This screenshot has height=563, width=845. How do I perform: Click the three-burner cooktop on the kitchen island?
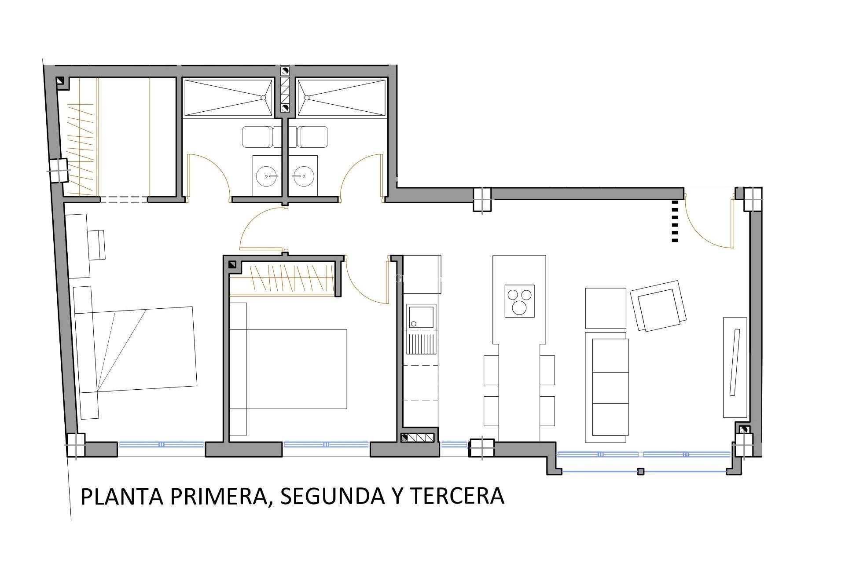click(520, 301)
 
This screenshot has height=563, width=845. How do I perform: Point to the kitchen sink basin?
click(421, 317)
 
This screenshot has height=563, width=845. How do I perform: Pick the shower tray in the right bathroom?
click(342, 98)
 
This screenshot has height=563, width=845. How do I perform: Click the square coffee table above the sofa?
click(605, 308)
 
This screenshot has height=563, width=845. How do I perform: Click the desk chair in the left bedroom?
click(97, 245)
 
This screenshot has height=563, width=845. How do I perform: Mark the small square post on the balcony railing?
click(641, 472)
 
